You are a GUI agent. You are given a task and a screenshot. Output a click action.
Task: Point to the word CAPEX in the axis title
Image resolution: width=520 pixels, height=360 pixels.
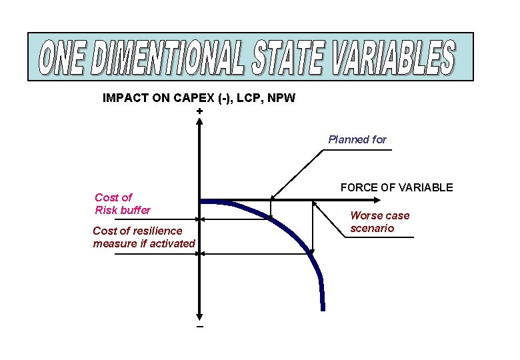click(195, 99)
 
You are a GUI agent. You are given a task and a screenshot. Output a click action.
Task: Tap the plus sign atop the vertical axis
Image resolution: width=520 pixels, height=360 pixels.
click(200, 111)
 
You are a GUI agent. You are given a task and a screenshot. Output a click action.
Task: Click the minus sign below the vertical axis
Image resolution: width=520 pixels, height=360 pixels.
click(200, 327)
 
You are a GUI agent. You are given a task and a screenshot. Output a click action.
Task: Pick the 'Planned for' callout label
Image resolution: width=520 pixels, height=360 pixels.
click(357, 139)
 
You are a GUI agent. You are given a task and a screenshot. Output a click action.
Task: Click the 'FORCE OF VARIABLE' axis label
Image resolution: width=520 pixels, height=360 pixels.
click(397, 187)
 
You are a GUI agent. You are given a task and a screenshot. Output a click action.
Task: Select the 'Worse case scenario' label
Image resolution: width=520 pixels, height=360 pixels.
click(380, 222)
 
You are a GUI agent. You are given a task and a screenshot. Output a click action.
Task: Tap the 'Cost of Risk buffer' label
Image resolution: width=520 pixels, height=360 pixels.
click(123, 204)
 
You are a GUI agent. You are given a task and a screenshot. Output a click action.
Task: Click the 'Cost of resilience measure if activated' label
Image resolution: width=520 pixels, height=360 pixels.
click(143, 237)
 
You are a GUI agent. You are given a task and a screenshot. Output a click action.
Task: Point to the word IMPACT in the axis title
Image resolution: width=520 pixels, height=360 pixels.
click(125, 99)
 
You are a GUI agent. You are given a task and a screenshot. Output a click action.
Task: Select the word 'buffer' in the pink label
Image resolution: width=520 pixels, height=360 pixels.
click(135, 211)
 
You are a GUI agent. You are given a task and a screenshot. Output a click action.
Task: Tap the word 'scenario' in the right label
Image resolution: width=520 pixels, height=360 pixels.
click(373, 229)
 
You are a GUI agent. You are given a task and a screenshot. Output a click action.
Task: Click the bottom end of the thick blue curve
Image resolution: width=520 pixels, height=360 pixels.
click(323, 309)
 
